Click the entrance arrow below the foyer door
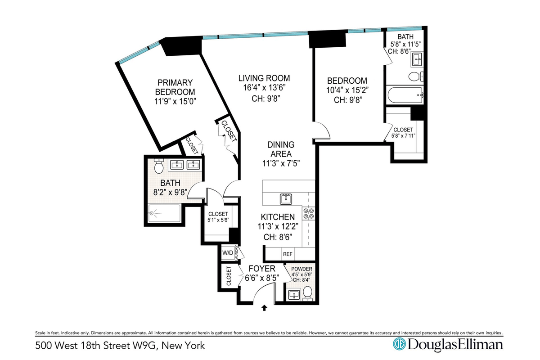click(264, 308)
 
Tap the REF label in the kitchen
click(288, 254)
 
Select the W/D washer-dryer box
click(228, 253)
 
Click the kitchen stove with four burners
click(309, 213)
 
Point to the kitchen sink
click(286, 199)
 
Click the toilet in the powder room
click(307, 293)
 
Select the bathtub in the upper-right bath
click(405, 95)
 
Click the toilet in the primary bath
click(158, 166)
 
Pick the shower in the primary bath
click(164, 213)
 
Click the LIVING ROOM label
click(264, 78)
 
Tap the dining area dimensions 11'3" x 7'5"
click(281, 163)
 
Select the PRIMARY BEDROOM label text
click(175, 87)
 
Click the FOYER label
click(262, 268)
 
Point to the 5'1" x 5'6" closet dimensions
click(218, 220)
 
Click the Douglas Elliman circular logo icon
click(399, 344)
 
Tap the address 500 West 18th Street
click(83, 346)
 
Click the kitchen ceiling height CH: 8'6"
click(278, 237)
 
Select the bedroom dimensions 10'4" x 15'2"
click(347, 90)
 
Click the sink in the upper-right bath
click(417, 59)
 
